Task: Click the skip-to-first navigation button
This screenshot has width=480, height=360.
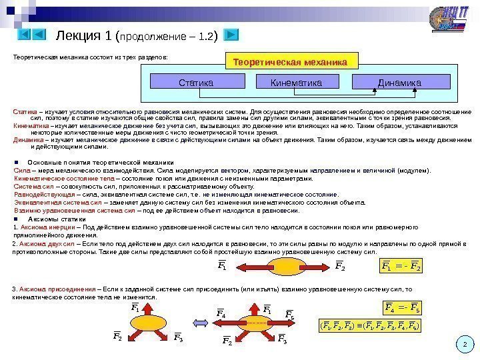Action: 23,33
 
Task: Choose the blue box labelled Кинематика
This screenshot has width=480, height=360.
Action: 296,83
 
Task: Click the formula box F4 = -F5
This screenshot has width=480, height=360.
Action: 403,307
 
